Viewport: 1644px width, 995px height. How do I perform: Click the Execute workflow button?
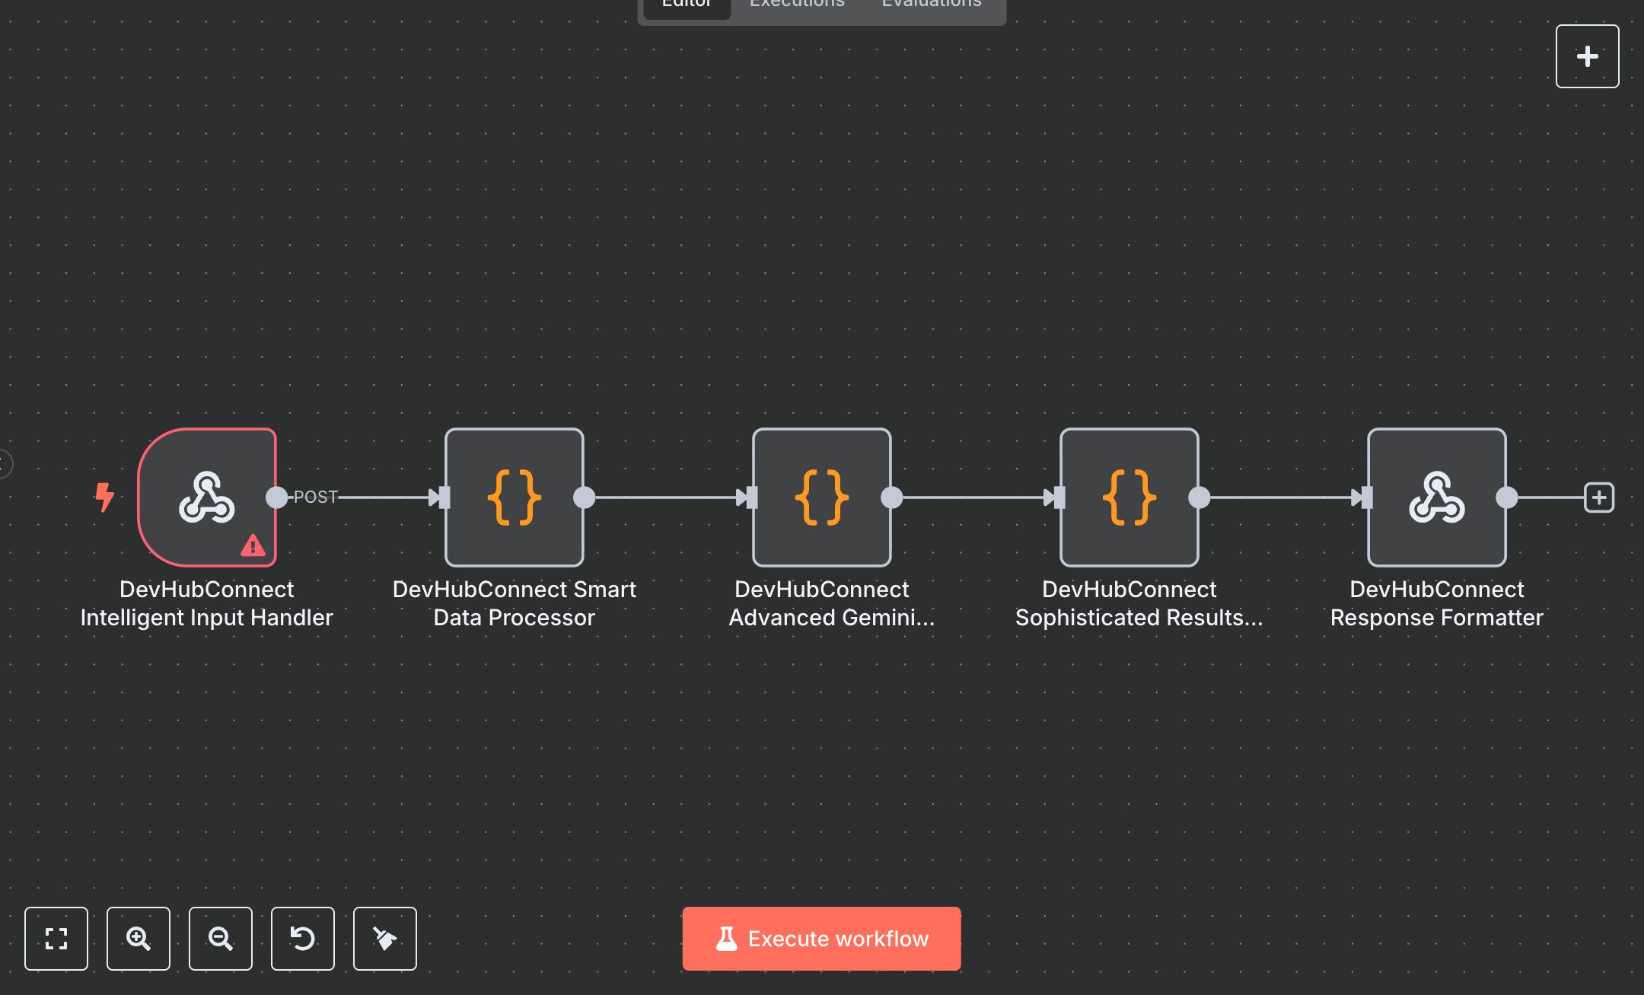tap(821, 938)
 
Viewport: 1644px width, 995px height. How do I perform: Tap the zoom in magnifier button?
tap(138, 938)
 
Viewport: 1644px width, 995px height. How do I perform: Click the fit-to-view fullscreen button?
tap(56, 938)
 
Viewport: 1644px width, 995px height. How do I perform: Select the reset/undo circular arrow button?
tap(302, 938)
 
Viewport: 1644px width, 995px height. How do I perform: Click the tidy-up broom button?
tap(384, 938)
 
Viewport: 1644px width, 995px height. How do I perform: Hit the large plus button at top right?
tap(1587, 56)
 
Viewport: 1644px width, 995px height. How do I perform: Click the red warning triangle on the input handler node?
tap(253, 545)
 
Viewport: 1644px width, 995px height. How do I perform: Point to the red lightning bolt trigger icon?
tap(104, 497)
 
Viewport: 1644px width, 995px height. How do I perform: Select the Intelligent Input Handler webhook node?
tap(206, 497)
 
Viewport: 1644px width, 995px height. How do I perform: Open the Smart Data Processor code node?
tap(515, 497)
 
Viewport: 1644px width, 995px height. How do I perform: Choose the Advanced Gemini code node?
tap(822, 497)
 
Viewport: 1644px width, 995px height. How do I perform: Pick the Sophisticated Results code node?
tap(1129, 497)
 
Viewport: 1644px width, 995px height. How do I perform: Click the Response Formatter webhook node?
tap(1437, 497)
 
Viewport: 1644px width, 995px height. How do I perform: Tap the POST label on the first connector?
tap(315, 497)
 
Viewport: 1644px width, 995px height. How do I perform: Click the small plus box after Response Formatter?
tap(1598, 497)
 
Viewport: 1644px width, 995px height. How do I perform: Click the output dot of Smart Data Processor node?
tap(584, 497)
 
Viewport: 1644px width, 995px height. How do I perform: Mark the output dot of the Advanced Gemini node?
tap(891, 497)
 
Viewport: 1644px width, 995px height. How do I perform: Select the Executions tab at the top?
tap(797, 5)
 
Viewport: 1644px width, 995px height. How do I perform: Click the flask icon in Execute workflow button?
tap(726, 938)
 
